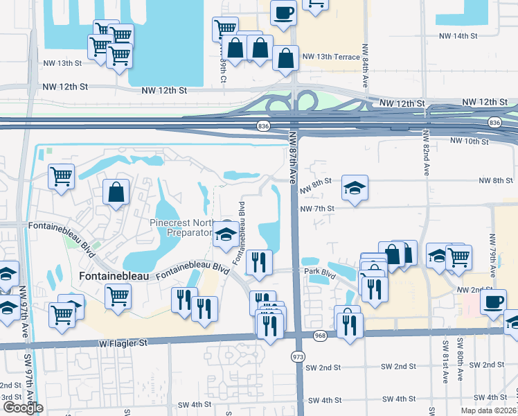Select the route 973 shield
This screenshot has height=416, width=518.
(x=298, y=356)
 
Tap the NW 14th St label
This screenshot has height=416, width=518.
(x=458, y=35)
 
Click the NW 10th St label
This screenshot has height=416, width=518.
(x=470, y=141)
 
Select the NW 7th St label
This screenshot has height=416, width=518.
(x=317, y=208)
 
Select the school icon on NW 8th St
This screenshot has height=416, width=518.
(x=355, y=188)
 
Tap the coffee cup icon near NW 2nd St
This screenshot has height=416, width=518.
(x=494, y=302)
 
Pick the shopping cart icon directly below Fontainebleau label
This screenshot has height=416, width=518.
(x=118, y=297)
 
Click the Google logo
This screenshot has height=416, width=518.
(x=23, y=407)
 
